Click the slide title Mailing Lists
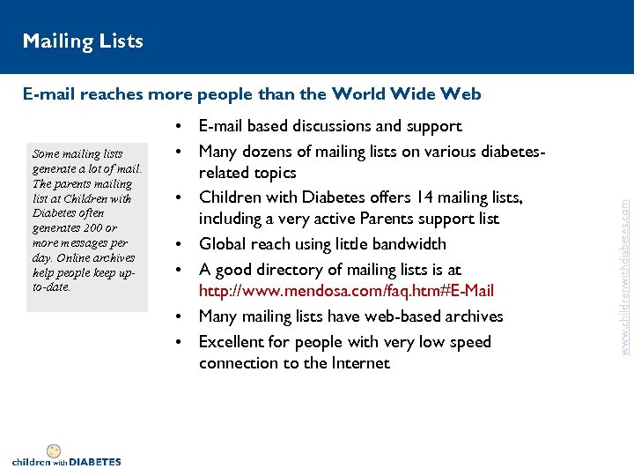tap(83, 41)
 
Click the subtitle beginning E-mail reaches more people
tap(252, 93)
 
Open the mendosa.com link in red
tap(346, 291)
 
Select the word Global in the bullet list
tap(224, 244)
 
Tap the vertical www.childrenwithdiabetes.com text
tap(624, 264)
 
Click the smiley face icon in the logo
tap(54, 451)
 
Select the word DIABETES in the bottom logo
tap(95, 462)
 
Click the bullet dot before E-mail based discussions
tap(179, 127)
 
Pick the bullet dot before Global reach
tap(179, 244)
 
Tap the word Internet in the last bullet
tap(358, 363)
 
